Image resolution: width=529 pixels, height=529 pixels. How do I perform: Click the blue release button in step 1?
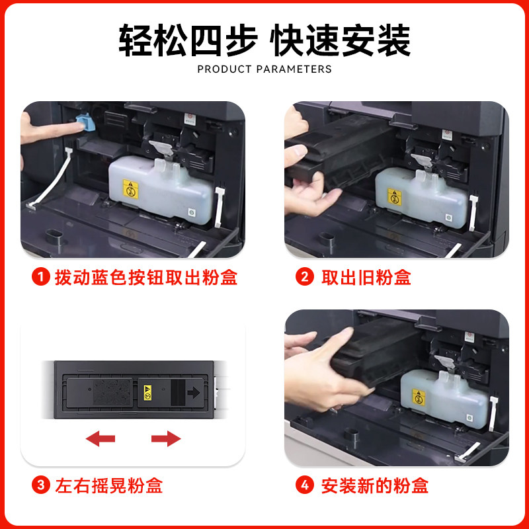(x=85, y=122)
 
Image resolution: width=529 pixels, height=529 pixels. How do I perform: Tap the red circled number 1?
(x=41, y=277)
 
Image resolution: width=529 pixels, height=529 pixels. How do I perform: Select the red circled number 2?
(x=305, y=277)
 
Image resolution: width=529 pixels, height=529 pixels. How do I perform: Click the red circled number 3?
(x=41, y=485)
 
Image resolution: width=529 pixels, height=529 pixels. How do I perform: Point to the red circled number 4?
(x=305, y=485)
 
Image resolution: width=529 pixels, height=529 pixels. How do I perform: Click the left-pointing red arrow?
(x=101, y=438)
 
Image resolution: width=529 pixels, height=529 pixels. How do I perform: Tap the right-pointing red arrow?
(x=166, y=438)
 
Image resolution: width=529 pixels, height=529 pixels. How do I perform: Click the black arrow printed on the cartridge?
(x=194, y=392)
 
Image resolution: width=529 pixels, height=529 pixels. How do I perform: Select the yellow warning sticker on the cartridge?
(x=147, y=393)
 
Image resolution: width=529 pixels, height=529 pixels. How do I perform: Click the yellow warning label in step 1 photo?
(x=130, y=189)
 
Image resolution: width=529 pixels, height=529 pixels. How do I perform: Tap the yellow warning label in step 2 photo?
(x=394, y=196)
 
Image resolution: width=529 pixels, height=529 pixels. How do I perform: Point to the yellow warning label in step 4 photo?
(x=419, y=397)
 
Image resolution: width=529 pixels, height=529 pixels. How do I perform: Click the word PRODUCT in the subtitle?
(x=225, y=69)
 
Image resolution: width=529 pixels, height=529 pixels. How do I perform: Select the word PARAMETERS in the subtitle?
(x=294, y=69)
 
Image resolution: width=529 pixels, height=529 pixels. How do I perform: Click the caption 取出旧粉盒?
(x=366, y=277)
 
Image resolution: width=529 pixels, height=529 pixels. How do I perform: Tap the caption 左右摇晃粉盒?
(x=109, y=485)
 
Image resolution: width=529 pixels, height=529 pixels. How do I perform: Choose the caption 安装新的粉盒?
(x=375, y=485)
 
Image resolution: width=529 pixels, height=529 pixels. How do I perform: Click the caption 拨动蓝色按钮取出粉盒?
(x=146, y=277)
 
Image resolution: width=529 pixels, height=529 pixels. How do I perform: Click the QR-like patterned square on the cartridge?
(x=112, y=392)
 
